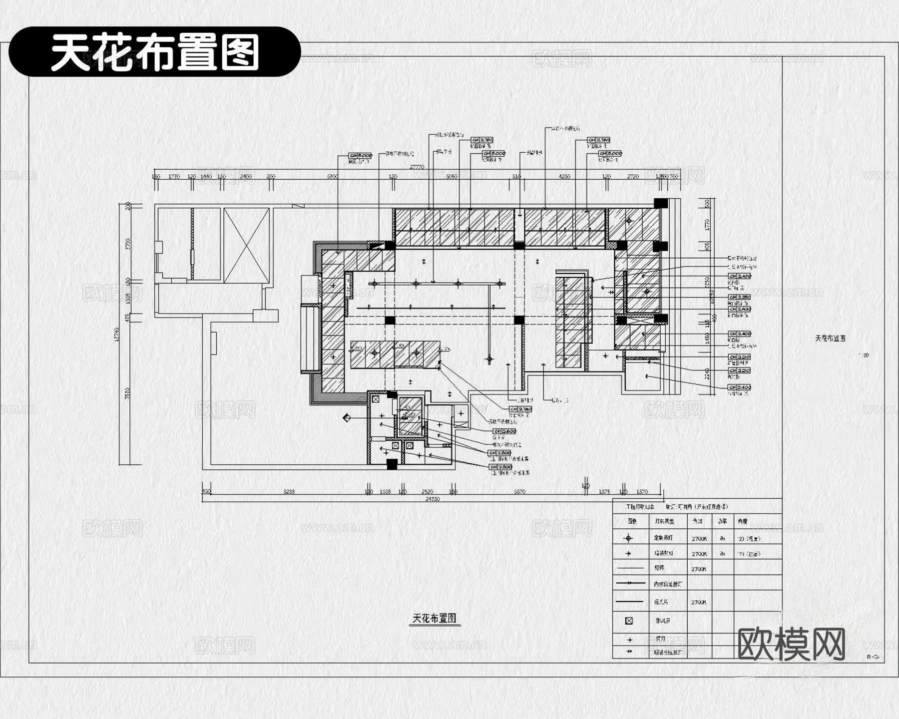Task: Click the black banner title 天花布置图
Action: click(155, 52)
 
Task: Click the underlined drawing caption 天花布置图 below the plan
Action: click(434, 618)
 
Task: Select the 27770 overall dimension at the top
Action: click(417, 167)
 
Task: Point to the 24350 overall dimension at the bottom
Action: click(432, 499)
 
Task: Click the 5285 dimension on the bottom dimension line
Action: click(289, 492)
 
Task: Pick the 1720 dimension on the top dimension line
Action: click(174, 177)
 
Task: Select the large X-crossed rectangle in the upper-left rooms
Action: click(246, 245)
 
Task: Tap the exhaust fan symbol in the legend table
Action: click(629, 621)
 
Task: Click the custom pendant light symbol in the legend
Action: click(629, 538)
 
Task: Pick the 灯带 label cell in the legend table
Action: click(659, 568)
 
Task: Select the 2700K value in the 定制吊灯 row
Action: click(699, 539)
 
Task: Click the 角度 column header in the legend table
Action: click(742, 521)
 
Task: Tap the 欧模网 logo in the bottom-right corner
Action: click(791, 644)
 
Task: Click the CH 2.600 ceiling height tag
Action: click(504, 431)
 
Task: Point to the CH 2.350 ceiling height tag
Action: click(739, 297)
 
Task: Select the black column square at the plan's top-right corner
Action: click(660, 203)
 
